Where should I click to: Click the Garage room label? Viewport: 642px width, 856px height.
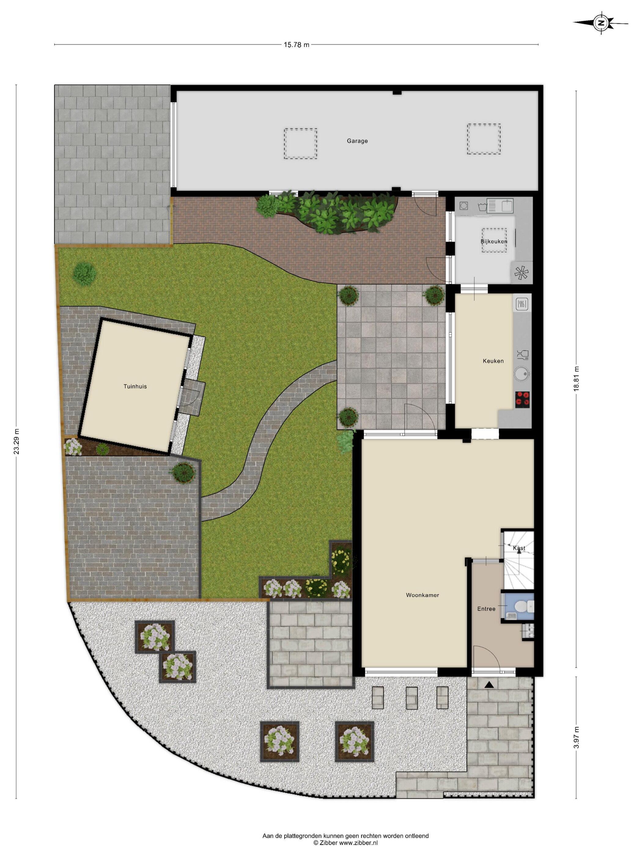point(357,141)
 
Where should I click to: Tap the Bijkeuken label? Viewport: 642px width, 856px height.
point(494,242)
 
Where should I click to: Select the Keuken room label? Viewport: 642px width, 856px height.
point(493,361)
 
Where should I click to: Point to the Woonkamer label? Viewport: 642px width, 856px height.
point(422,595)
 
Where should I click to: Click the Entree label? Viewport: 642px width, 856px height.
point(486,609)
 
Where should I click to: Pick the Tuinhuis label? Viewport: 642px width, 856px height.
point(135,386)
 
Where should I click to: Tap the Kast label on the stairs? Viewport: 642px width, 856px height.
point(519,548)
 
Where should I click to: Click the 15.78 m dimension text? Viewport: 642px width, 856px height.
point(297,45)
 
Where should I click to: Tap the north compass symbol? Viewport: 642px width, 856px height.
point(601,23)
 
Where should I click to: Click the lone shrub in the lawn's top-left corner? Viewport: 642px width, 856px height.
point(84,274)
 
